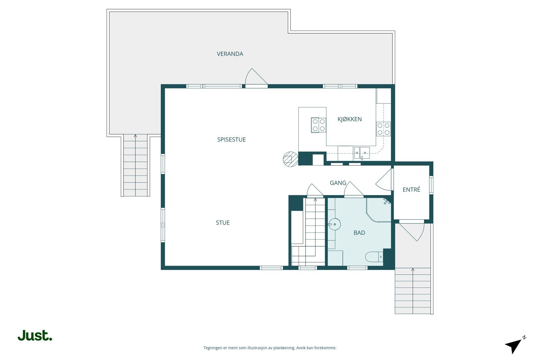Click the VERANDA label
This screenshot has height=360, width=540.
230,54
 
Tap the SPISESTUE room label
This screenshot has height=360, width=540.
232,140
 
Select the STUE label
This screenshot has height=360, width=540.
223,223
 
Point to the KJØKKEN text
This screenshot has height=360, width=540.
350,119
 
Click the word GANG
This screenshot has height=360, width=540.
338,183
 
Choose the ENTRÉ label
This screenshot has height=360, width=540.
411,189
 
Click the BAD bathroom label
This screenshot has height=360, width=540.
359,232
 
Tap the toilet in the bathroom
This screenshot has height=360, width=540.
374,257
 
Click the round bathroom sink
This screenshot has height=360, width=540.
334,224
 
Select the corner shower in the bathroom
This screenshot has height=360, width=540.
379,210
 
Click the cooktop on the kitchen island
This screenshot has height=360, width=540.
319,125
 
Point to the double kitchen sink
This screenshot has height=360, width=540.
361,153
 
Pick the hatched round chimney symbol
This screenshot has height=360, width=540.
291,159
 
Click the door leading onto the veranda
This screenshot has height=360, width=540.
256,78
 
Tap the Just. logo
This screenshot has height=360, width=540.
35,335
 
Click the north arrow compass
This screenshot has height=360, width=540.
515,345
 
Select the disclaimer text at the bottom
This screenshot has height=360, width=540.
270,348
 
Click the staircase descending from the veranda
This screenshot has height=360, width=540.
135,165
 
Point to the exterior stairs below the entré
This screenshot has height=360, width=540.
413,291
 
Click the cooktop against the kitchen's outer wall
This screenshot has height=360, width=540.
383,129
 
